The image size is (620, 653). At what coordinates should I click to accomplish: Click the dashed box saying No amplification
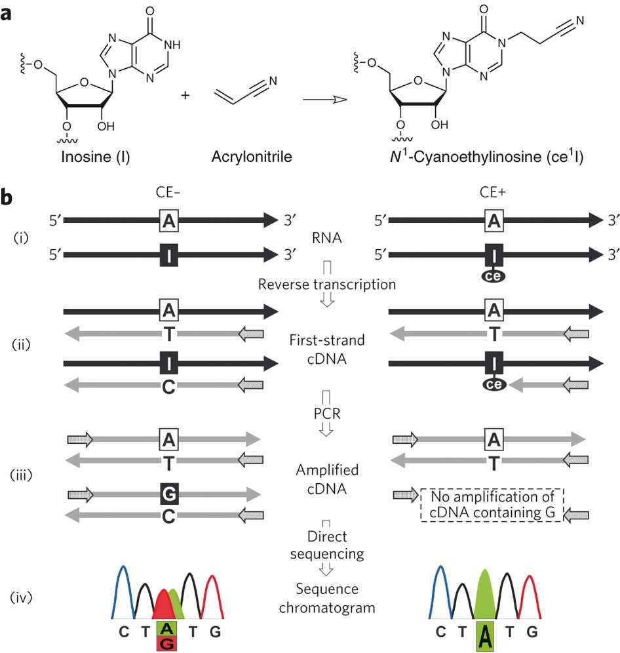[492, 505]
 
